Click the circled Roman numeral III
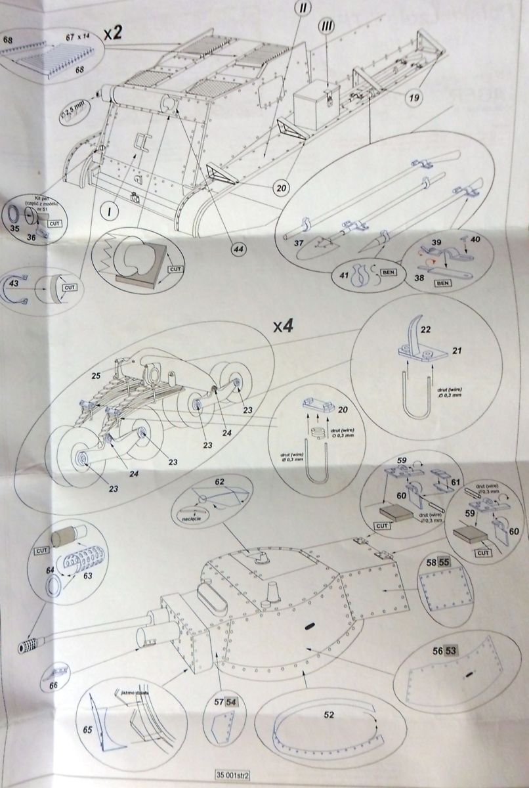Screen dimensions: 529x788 327,26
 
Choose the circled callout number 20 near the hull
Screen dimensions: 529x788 281,188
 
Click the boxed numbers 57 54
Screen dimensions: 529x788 224,701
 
